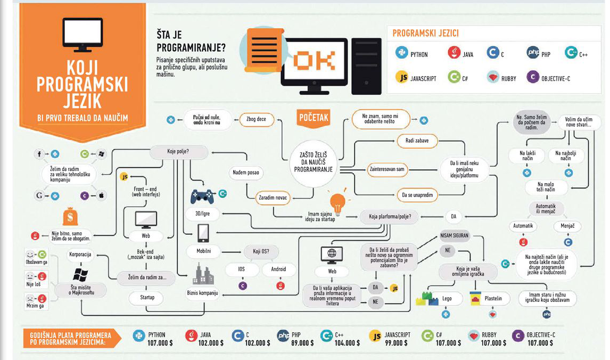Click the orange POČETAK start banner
[x=314, y=117]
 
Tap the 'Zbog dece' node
[x=256, y=120]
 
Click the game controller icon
[x=202, y=196]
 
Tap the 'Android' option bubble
[x=278, y=269]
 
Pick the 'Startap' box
[x=147, y=297]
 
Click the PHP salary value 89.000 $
[x=302, y=343]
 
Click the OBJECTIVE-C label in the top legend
[x=555, y=78]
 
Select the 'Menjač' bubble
[x=567, y=226]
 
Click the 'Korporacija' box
[x=80, y=255]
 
